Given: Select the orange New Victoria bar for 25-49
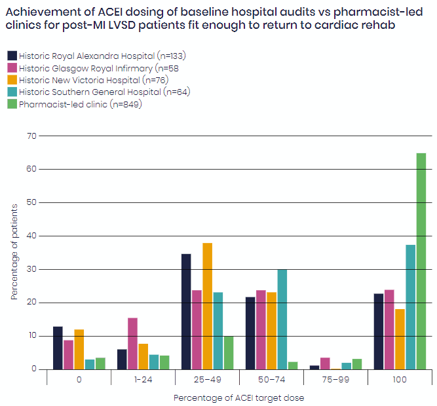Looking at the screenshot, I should pyautogui.click(x=207, y=306).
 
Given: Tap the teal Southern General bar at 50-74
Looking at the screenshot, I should pyautogui.click(x=282, y=319).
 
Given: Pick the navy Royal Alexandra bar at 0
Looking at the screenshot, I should pyautogui.click(x=58, y=348).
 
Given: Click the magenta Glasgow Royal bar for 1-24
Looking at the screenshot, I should pyautogui.click(x=132, y=343).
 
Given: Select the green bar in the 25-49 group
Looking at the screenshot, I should pyautogui.click(x=228, y=352).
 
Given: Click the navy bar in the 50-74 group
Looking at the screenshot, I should pyautogui.click(x=250, y=333).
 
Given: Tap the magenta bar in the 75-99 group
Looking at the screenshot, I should pyautogui.click(x=324, y=363).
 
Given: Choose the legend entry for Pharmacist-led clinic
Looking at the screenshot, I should pyautogui.click(x=80, y=104).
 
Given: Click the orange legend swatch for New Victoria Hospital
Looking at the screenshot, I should pyautogui.click(x=12, y=80).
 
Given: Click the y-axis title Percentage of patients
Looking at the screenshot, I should pyautogui.click(x=14, y=252).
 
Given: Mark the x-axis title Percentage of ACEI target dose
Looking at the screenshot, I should pyautogui.click(x=238, y=397).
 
